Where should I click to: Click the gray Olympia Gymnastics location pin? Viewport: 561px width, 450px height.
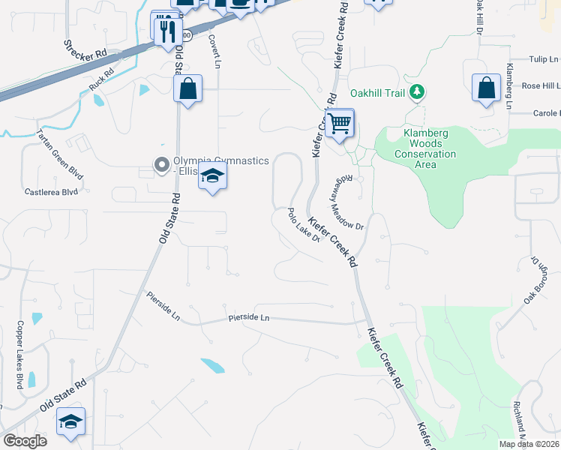click(160, 164)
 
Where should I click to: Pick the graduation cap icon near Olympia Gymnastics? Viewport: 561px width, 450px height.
click(213, 177)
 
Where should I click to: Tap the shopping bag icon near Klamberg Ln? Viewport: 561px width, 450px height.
click(487, 88)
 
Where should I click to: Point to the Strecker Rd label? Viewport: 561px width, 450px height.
click(85, 51)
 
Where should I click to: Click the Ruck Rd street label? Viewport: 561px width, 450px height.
click(100, 80)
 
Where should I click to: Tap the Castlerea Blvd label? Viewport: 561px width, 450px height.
click(51, 192)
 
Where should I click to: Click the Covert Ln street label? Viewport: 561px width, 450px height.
click(214, 50)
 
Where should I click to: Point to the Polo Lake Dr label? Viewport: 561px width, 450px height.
click(304, 226)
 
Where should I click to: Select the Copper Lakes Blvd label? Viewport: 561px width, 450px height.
click(19, 355)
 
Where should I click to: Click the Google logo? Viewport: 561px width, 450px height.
click(25, 440)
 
